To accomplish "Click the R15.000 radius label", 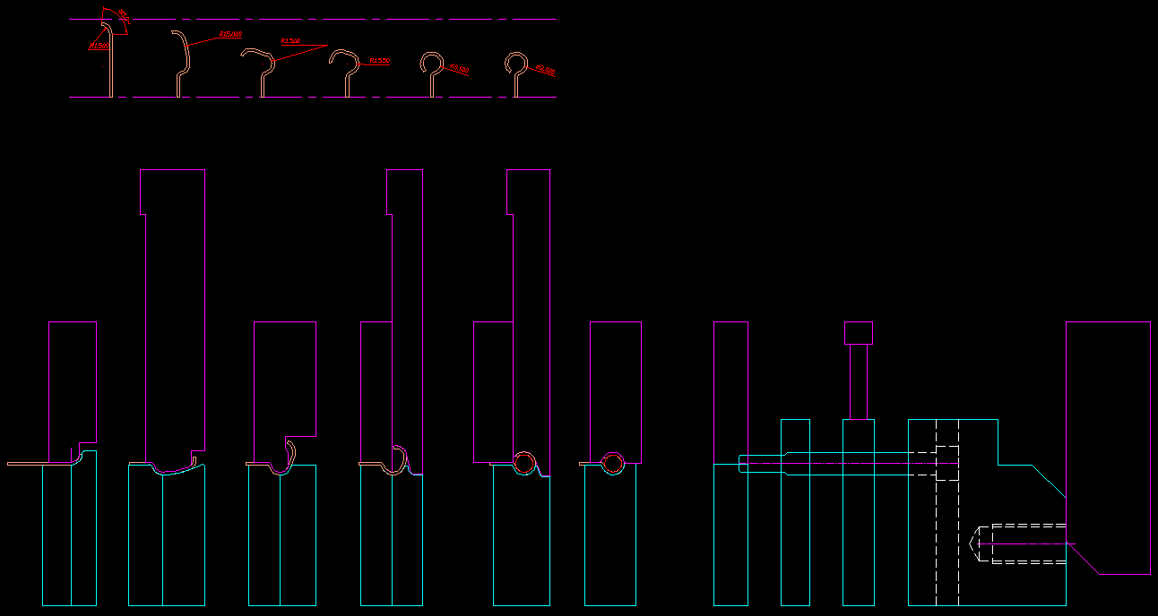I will (230, 34).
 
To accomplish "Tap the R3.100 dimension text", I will (460, 68).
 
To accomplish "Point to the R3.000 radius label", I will (545, 69).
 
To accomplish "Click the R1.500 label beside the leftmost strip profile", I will (99, 45).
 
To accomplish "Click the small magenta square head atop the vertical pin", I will (858, 333).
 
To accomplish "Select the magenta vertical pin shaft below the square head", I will (858, 381).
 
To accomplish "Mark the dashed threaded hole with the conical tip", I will (1022, 543).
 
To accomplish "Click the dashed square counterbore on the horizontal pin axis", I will (946, 463).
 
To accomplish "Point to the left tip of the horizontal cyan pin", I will (740, 464).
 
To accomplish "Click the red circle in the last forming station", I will (613, 463).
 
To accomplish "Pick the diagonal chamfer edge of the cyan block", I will (1049, 482).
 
